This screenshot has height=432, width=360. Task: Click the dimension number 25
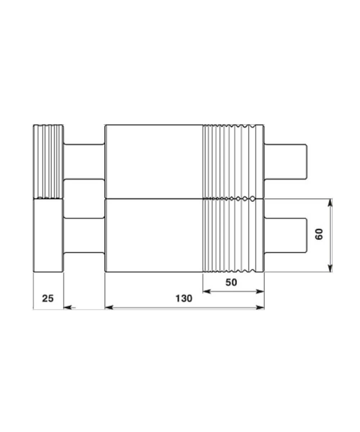tap(48, 298)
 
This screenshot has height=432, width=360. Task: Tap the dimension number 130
tap(184, 298)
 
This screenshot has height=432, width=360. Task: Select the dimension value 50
tap(231, 282)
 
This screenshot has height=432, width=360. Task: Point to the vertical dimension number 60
tap(319, 234)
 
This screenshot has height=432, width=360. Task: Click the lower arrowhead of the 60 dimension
tap(330, 268)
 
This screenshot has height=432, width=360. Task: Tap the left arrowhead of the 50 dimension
tap(207, 292)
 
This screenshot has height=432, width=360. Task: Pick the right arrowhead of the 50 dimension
tap(260, 292)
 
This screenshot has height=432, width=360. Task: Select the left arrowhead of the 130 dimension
tap(109, 307)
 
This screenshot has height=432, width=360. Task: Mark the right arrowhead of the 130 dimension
tap(260, 307)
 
